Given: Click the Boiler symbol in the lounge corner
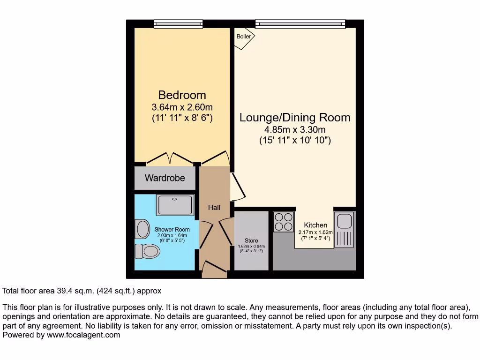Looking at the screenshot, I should click(x=243, y=37).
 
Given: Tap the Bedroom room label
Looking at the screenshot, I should click(x=182, y=95).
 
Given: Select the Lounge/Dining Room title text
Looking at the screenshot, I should click(x=295, y=117).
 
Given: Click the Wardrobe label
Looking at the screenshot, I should click(x=165, y=178).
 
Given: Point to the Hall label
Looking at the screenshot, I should click(x=214, y=207).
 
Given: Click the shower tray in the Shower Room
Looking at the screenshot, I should click(x=175, y=205).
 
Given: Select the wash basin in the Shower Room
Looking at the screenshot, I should click(x=142, y=229).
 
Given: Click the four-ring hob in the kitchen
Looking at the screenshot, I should click(x=283, y=222).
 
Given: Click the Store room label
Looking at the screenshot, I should click(x=251, y=241).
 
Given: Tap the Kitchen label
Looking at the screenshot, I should click(x=315, y=225).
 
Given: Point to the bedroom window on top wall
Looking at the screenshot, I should click(x=178, y=23).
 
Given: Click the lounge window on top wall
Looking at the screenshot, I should click(x=300, y=23).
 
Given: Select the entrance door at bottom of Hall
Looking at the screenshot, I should click(x=213, y=270).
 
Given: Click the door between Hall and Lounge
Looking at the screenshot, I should click(x=237, y=187).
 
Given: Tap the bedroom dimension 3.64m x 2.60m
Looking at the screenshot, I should click(x=182, y=107).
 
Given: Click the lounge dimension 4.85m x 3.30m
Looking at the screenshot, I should click(x=295, y=129).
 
